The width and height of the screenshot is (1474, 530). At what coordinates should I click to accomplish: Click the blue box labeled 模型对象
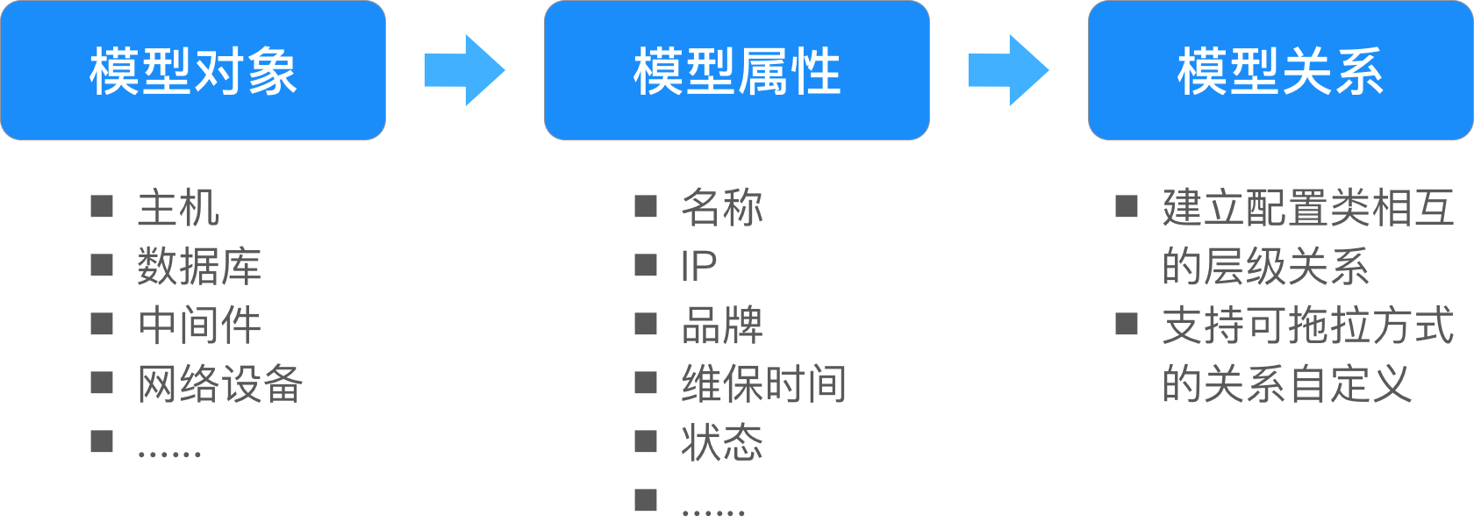[x=193, y=70]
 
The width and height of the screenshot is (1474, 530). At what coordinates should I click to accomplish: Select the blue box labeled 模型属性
[x=737, y=70]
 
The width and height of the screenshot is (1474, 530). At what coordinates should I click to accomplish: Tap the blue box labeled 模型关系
[x=1281, y=70]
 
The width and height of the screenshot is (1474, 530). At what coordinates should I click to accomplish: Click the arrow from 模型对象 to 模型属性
[x=465, y=70]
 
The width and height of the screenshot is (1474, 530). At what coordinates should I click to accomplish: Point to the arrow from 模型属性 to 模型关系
[x=1009, y=70]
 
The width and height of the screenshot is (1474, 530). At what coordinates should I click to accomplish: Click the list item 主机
[x=178, y=207]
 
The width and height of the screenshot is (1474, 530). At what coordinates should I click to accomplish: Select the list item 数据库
[x=199, y=266]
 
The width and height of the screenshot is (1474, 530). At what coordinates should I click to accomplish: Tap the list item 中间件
[x=199, y=325]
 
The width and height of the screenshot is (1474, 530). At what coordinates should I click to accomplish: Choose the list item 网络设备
[x=220, y=383]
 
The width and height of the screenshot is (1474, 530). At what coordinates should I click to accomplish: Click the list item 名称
[x=722, y=207]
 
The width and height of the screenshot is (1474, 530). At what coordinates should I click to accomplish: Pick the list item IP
[x=698, y=266]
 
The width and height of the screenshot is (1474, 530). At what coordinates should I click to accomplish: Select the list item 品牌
[x=722, y=325]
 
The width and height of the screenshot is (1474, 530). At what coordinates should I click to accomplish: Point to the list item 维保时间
[x=764, y=383]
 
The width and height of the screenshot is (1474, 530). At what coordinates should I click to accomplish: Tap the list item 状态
[x=722, y=441]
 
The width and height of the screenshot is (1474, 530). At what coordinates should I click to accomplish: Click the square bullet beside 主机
[x=102, y=206]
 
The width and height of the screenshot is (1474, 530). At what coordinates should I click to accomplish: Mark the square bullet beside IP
[x=646, y=265]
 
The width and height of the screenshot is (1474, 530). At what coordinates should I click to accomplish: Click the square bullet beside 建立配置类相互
[x=1127, y=206]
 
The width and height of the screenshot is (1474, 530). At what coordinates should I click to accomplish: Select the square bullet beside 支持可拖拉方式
[x=1127, y=323]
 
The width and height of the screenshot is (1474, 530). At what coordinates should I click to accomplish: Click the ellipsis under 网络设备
[x=169, y=454]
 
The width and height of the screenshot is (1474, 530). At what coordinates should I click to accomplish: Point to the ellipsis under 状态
[x=713, y=512]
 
